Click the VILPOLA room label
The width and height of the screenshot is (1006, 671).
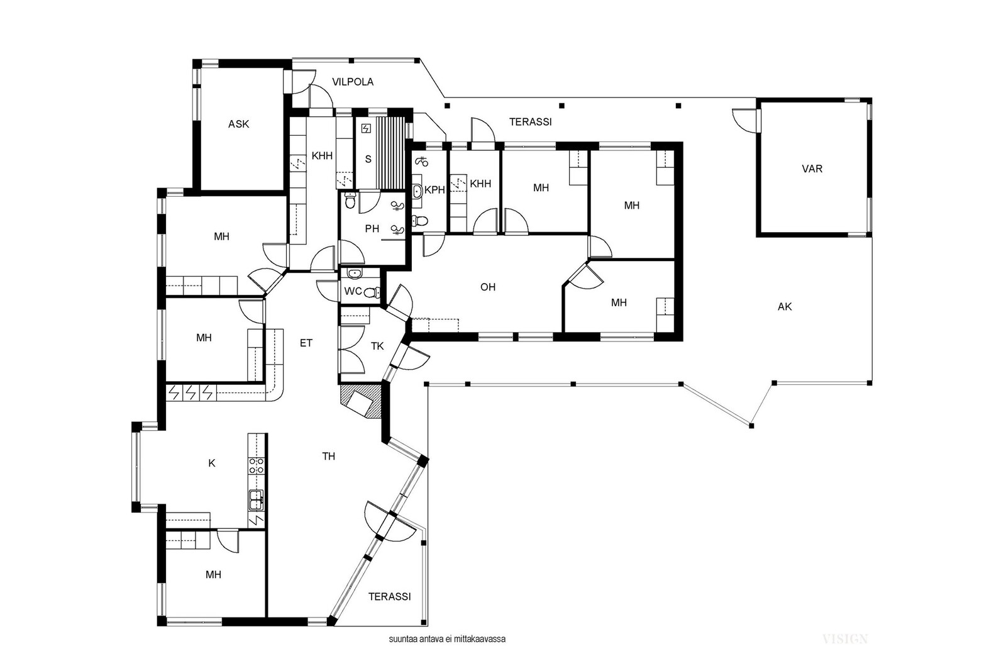point(353,82)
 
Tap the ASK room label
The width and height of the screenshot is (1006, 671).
point(238,124)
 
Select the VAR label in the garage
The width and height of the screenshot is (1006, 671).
point(812,169)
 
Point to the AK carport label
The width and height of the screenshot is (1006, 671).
point(785,307)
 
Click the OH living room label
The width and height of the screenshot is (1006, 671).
point(488,287)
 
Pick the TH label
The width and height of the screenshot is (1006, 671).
point(329,457)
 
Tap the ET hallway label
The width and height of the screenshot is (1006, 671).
point(306,343)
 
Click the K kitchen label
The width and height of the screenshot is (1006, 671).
point(212,463)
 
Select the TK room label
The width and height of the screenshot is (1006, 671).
point(377,347)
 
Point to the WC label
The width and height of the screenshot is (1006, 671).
point(353,292)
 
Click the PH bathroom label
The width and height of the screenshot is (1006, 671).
point(372,229)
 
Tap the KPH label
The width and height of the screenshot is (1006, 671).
point(434,190)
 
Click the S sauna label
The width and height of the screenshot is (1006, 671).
point(368,159)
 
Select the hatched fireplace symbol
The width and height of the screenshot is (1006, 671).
point(362,401)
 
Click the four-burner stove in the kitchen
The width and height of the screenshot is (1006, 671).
point(257,465)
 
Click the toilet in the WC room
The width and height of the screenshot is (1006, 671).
point(371,292)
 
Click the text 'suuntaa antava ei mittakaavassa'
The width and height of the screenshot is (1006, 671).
point(447,639)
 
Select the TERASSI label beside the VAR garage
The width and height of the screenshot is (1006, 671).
point(531,122)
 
